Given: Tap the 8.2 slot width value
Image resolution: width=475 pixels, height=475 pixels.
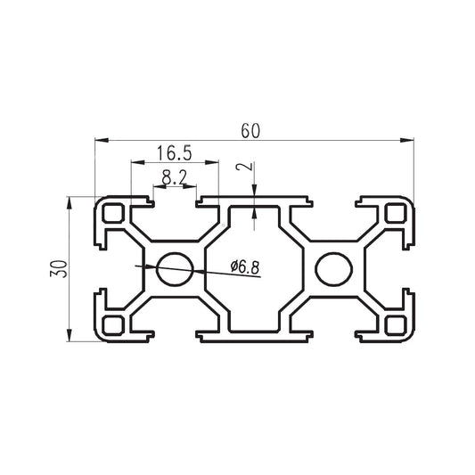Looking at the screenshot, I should tap(175, 177).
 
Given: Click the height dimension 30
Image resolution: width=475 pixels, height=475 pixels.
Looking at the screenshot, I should tap(56, 269).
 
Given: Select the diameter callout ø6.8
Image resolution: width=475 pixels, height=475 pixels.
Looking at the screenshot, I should tap(244, 266).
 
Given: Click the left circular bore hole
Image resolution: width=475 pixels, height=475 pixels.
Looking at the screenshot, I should tap(175, 268).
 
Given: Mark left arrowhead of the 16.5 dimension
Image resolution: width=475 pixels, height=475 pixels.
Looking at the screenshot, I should tap(135, 163).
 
